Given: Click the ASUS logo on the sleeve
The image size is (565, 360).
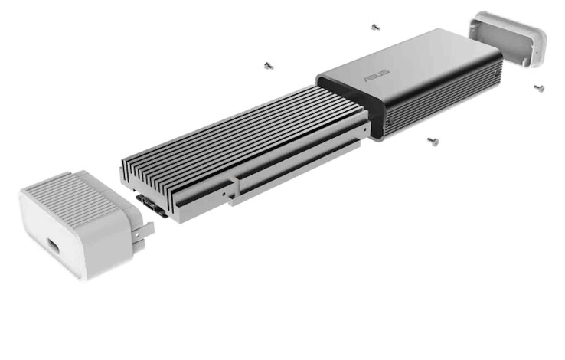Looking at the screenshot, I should point(377,74).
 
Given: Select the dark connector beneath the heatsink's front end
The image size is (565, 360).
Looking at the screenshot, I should point(152,205).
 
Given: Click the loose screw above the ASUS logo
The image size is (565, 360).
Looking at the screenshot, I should point(375,27).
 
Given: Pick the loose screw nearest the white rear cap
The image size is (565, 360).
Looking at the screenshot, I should point(539,87).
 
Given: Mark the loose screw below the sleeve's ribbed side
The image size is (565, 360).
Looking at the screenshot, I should point(433,141).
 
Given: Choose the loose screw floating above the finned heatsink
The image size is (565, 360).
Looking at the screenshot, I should point(268,66).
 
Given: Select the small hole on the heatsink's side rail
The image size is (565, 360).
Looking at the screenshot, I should point(224,194).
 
